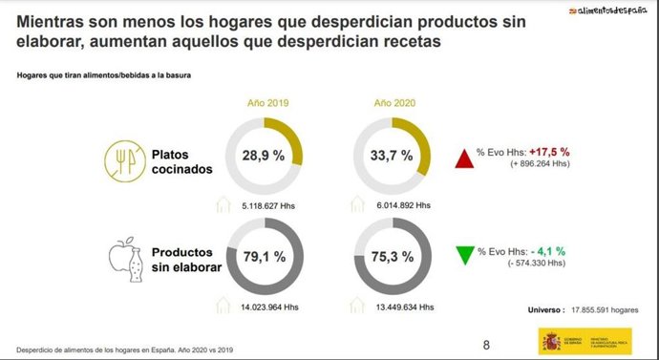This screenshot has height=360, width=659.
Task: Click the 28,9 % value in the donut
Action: coord(264,154)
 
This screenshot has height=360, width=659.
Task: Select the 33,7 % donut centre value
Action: coord(393,154)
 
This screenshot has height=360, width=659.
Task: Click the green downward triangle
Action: coord(466,255)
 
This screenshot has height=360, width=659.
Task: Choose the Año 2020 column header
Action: coord(393,102)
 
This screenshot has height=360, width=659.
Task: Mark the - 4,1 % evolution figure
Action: coord(548,249)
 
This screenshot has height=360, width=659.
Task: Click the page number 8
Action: coord(486,344)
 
